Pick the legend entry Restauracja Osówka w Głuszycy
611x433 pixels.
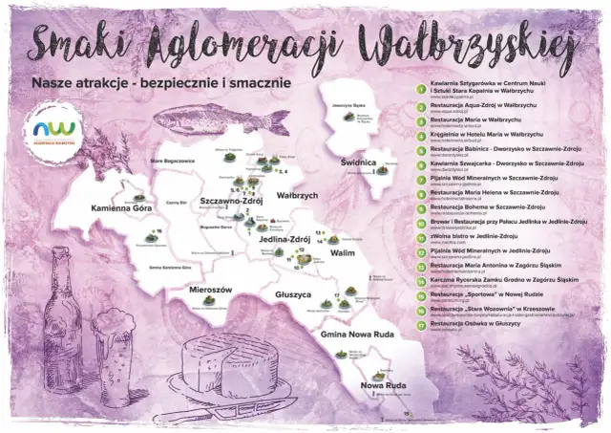[475, 322]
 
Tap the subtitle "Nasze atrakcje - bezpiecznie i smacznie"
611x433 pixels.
[159, 84]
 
